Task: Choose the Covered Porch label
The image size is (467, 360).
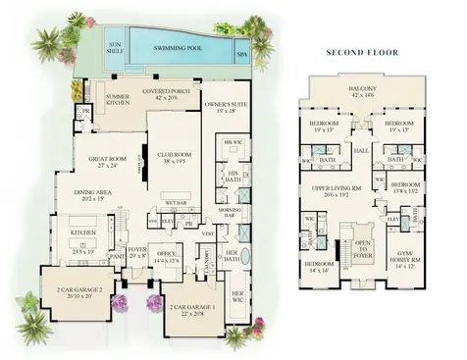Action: point(171,94)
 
